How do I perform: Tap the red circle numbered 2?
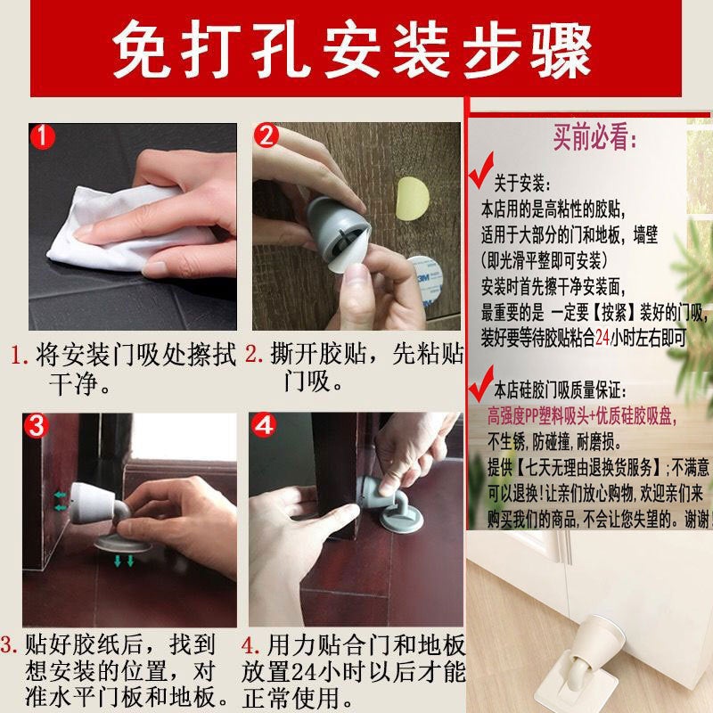click(x=266, y=136)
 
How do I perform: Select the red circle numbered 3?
click(x=37, y=426)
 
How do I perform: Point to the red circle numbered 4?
click(x=265, y=426)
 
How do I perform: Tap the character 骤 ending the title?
click(x=557, y=52)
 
